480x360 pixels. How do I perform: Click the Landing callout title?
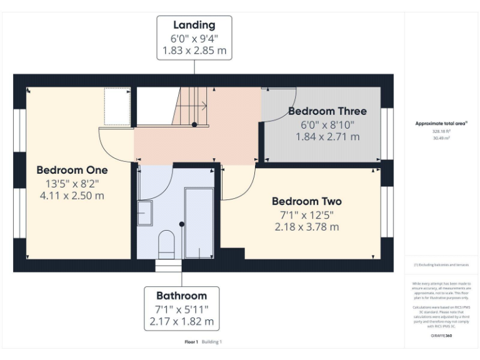[194, 25]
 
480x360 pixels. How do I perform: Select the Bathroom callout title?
[181, 296]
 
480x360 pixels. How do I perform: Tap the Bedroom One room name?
[72, 170]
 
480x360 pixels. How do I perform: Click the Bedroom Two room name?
[306, 201]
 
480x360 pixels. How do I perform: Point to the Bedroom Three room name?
[327, 111]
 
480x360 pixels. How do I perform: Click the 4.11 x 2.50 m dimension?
[72, 196]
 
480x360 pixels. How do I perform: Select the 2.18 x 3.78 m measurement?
[306, 227]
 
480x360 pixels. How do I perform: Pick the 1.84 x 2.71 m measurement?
[327, 136]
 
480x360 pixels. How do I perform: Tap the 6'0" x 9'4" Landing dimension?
[194, 37]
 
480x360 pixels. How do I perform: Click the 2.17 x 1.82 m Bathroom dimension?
[181, 322]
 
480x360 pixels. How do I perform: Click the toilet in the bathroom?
[166, 244]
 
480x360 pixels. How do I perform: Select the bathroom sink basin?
[144, 213]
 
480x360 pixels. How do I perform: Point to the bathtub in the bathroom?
[199, 223]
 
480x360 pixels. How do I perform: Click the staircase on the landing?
[191, 106]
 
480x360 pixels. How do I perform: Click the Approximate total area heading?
[441, 124]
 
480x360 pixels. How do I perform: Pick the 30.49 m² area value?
[441, 137]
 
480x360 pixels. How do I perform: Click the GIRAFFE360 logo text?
[441, 336]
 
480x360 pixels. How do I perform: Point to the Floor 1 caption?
[191, 342]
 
